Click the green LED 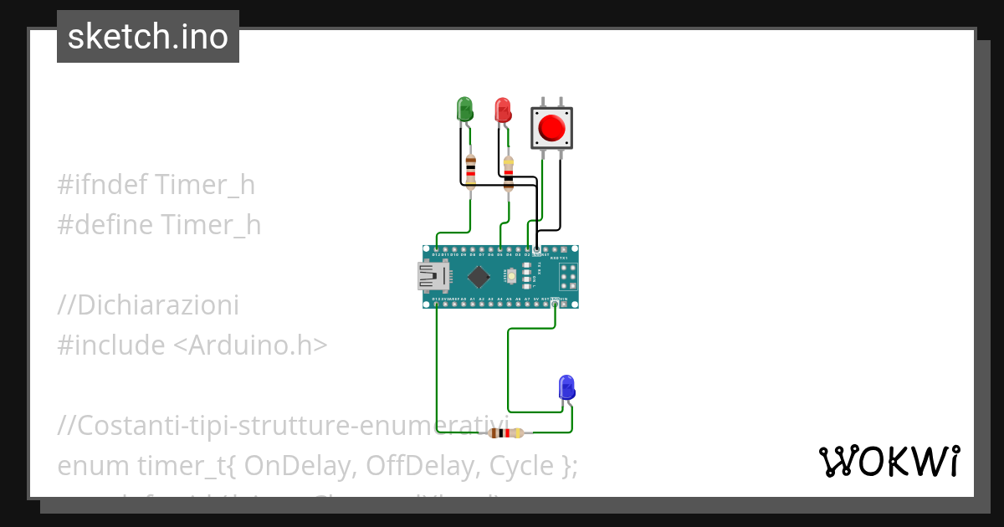pos(464,110)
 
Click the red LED pos(502,110)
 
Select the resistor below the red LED pos(508,171)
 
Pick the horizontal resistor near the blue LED pos(506,432)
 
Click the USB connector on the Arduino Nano pos(432,276)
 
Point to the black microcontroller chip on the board pos(479,276)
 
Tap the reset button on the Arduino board pos(510,276)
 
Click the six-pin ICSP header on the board pos(568,276)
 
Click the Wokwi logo pos(889,462)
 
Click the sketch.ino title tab pos(148,37)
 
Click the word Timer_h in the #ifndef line pos(205,185)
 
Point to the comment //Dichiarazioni pos(148,305)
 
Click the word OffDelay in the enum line pos(422,465)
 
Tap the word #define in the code pos(105,225)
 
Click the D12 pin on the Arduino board pos(437,250)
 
